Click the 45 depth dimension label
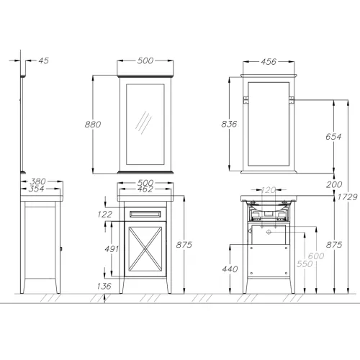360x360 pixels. [44, 60]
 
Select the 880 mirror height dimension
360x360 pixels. [93, 125]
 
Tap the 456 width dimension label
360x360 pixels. [269, 62]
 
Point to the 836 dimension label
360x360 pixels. [229, 124]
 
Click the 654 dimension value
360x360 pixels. [333, 137]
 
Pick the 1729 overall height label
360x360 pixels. [348, 197]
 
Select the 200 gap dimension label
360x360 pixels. [334, 184]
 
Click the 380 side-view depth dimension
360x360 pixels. [37, 181]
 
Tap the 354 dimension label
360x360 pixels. [37, 189]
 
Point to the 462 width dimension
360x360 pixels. [145, 189]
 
